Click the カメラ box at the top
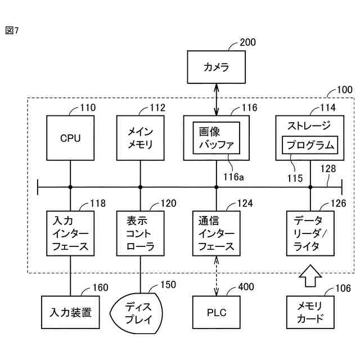[x=217, y=68]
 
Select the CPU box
[x=70, y=138]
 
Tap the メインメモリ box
[x=141, y=138]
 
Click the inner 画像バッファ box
[x=217, y=138]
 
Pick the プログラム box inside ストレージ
[x=310, y=146]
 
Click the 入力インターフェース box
[x=70, y=232]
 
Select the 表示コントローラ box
[x=141, y=232]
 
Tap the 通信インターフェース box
[x=217, y=232]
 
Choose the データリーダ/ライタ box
[x=310, y=232]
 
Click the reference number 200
[x=247, y=42]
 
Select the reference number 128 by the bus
[x=328, y=168]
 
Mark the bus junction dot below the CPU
[x=70, y=186]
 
